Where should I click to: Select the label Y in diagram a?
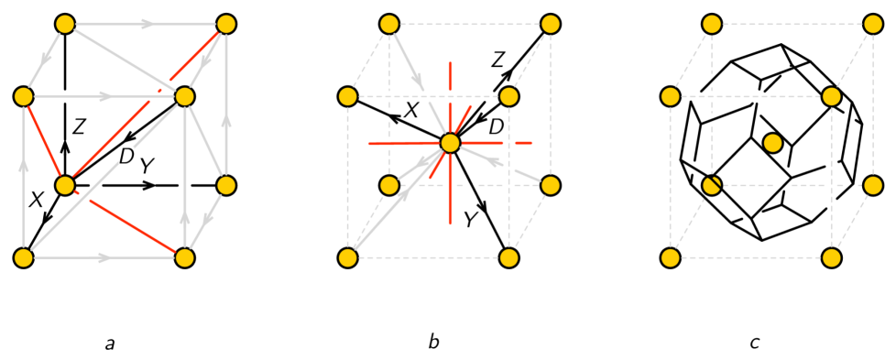click(x=146, y=166)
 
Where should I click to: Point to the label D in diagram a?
click(x=127, y=157)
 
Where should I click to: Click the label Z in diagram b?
click(x=497, y=60)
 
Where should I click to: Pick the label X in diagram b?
click(x=411, y=111)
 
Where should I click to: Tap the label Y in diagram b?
click(x=471, y=220)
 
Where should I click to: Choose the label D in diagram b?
click(x=496, y=127)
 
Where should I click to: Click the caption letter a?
click(x=110, y=344)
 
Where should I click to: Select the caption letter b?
click(x=433, y=343)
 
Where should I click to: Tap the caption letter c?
click(x=754, y=344)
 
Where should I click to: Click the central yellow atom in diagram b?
click(x=450, y=143)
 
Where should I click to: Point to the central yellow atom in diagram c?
click(x=773, y=143)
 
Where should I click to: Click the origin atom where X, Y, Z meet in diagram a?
click(x=64, y=185)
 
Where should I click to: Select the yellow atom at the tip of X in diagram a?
click(x=23, y=257)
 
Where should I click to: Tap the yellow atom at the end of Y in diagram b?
click(x=508, y=257)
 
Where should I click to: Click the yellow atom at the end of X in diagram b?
click(x=347, y=96)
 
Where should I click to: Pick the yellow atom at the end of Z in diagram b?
click(x=550, y=24)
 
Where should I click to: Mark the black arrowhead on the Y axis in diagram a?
click(x=148, y=185)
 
